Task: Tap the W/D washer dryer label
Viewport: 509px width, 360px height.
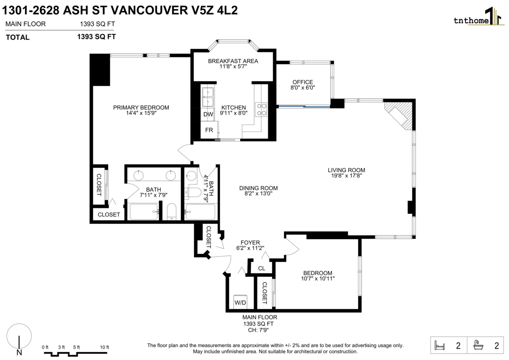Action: (241, 303)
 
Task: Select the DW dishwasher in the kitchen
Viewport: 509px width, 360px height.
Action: (208, 114)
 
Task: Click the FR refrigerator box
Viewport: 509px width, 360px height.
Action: (209, 130)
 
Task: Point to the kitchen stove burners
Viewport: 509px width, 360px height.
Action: (261, 110)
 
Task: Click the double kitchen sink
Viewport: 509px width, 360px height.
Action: (208, 97)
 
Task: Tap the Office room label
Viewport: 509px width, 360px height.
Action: (302, 82)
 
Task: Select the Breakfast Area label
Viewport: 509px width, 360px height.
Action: (233, 61)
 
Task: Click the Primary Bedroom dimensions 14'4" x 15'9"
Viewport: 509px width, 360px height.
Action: (141, 113)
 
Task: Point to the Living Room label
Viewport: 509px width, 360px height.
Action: (346, 170)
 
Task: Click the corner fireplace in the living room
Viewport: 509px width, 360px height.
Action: (400, 114)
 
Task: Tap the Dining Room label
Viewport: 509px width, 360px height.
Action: (258, 188)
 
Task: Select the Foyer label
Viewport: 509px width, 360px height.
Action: (250, 242)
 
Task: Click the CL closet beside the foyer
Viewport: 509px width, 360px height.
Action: (261, 268)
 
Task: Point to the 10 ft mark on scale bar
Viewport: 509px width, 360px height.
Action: (104, 347)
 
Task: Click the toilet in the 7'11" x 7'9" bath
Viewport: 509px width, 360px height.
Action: (172, 211)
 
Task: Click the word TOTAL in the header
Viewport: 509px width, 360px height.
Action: (17, 37)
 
